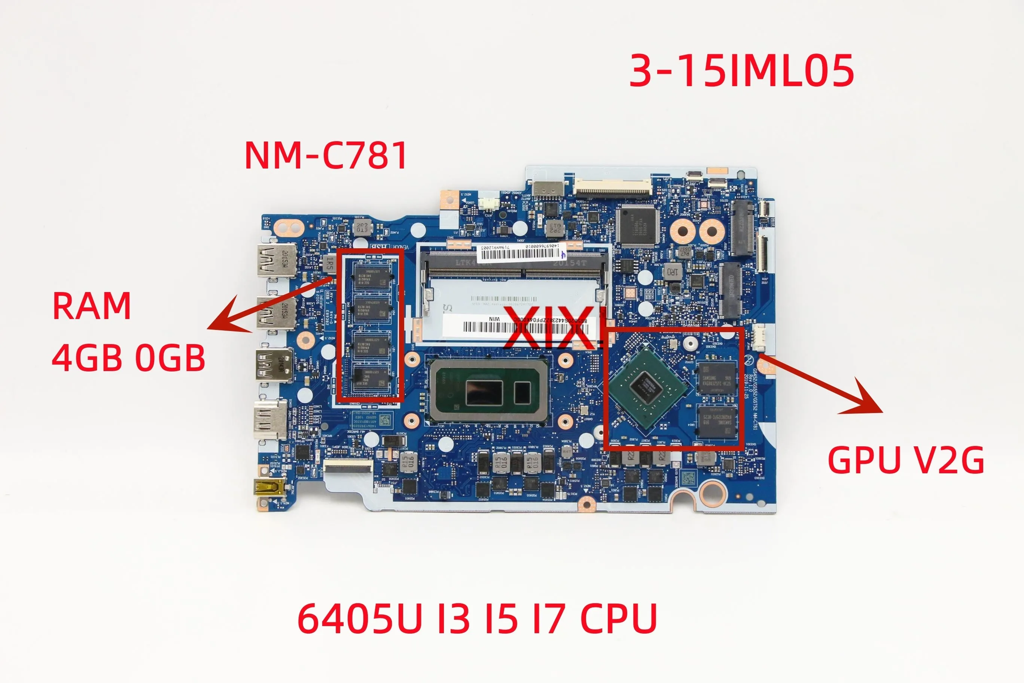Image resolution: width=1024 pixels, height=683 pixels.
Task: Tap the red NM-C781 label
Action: pyautogui.click(x=326, y=155)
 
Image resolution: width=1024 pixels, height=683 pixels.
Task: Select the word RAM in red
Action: pyautogui.click(x=91, y=306)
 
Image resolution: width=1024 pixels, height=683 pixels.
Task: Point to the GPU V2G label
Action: pyautogui.click(x=906, y=461)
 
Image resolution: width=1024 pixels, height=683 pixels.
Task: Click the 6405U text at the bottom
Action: pyautogui.click(x=360, y=619)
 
